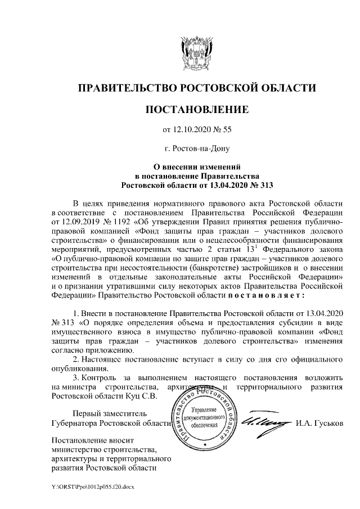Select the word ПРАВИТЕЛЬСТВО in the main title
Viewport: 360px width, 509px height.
pyautogui.click(x=127, y=87)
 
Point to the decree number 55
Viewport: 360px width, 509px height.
pyautogui.click(x=227, y=130)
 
